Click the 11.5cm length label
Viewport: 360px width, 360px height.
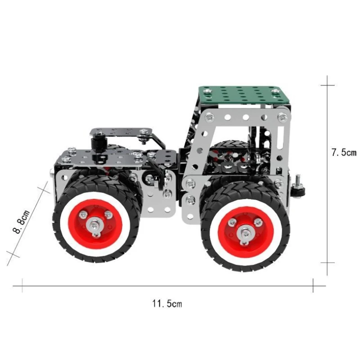(167, 303)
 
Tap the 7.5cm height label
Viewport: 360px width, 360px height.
(344, 153)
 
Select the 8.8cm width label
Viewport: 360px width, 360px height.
(21, 221)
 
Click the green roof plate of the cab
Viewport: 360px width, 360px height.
(244, 95)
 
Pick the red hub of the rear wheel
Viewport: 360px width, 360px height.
(246, 232)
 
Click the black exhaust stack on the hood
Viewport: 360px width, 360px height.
(97, 144)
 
